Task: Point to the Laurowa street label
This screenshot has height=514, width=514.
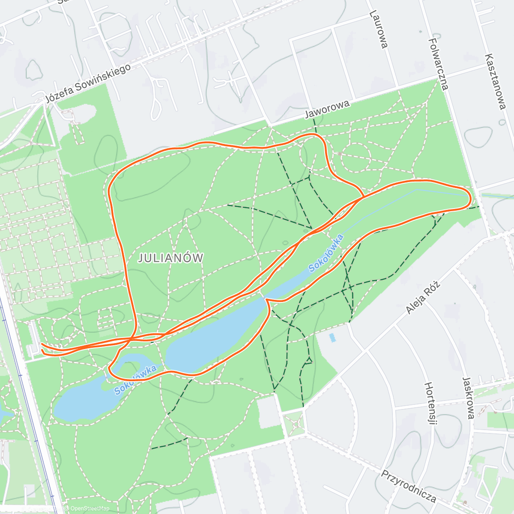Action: (x=379, y=29)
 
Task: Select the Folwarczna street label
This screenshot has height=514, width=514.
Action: (x=439, y=64)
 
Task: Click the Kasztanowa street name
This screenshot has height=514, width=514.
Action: (x=496, y=81)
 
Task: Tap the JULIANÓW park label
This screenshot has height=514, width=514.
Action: (x=170, y=258)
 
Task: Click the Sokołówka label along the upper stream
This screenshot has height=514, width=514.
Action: (x=326, y=253)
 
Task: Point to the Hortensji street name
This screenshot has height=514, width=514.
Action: (x=430, y=403)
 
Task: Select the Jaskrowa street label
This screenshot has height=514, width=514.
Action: (x=468, y=397)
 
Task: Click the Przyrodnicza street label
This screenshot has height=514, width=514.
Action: (x=409, y=487)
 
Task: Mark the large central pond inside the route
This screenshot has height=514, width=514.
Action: (x=214, y=334)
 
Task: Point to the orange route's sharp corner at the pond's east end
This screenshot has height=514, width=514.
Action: (x=266, y=300)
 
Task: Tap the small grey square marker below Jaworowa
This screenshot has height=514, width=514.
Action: (x=340, y=153)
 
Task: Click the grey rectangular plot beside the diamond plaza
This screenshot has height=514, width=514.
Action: (x=268, y=411)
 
